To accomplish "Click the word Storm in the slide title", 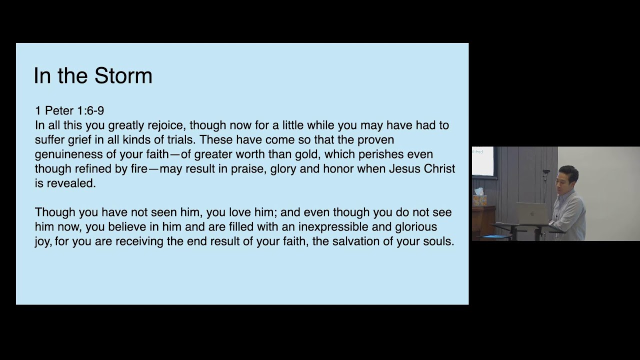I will tap(123, 76).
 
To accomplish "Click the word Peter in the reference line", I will tap(59, 111).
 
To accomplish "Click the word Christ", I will tap(439, 169).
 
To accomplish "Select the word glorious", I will tap(416, 227).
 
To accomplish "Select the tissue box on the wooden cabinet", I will tap(479, 198).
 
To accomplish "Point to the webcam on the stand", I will tap(546, 173).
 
